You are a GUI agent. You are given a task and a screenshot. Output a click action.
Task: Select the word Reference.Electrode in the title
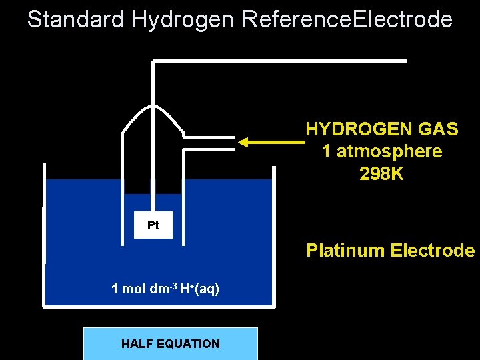tap(347, 19)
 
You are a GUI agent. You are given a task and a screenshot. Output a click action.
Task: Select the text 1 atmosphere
tap(381, 151)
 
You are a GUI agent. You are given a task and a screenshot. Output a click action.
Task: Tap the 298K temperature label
tap(381, 174)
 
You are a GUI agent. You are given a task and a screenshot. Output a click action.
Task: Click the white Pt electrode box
tap(153, 225)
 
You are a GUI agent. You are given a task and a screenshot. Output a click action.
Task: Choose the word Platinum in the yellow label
tap(345, 251)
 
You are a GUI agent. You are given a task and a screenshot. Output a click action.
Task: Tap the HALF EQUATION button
tap(170, 343)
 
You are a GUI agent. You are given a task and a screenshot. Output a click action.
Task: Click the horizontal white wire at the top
tap(280, 61)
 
